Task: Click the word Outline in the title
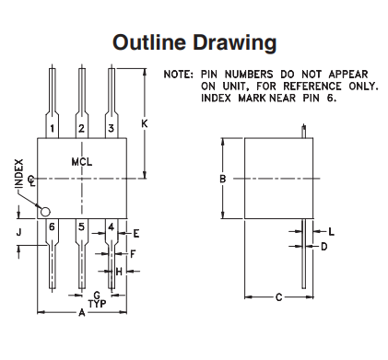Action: click(149, 42)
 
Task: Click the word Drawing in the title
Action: click(235, 43)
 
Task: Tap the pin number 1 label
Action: click(53, 128)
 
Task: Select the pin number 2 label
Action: click(81, 128)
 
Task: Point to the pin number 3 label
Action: click(112, 128)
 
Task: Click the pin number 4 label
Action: click(112, 227)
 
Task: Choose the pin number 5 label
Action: click(81, 227)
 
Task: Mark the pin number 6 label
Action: click(52, 227)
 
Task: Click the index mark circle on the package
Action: click(45, 212)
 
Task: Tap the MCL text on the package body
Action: click(82, 162)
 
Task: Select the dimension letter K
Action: click(145, 123)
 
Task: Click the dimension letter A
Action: click(82, 313)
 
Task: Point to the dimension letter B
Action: click(223, 179)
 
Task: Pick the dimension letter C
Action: click(279, 297)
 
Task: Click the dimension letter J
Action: click(19, 232)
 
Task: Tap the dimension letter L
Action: click(332, 232)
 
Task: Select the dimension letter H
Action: click(119, 272)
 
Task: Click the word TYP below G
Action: click(98, 304)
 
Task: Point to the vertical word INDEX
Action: click(19, 173)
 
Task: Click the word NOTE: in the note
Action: click(179, 75)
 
